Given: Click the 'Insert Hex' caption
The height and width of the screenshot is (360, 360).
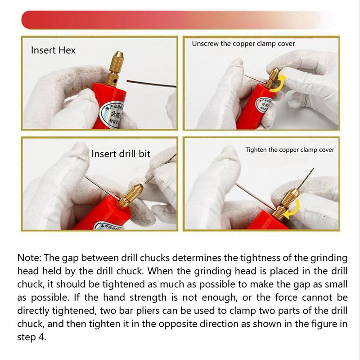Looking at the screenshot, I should (x=53, y=50).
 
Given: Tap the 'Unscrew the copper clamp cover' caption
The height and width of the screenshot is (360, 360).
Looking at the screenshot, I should (x=243, y=44).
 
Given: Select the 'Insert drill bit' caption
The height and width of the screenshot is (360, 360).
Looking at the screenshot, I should (x=121, y=154).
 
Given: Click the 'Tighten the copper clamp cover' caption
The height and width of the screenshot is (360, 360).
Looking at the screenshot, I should (x=290, y=150).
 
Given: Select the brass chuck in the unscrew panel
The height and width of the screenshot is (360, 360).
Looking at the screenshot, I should (x=271, y=77).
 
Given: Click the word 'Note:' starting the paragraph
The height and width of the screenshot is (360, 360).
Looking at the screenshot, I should (x=31, y=258).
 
